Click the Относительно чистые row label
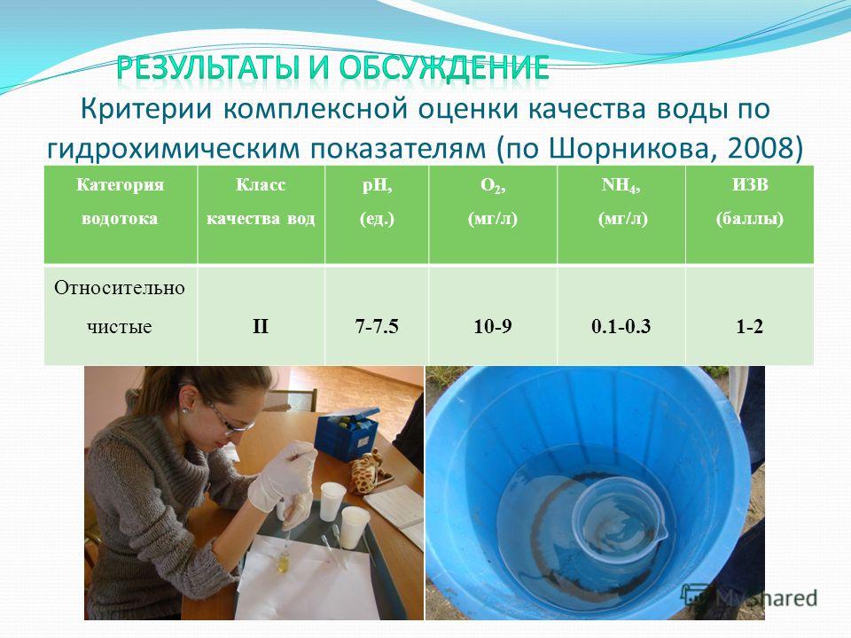120,307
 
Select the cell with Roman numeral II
261,327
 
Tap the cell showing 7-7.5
377,327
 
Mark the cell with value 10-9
493,327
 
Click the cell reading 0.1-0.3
621,327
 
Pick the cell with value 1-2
750,327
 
